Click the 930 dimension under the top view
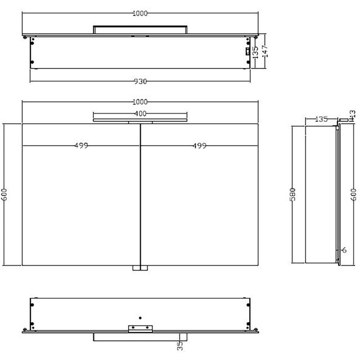(x=140, y=82)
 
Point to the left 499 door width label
(x=80, y=146)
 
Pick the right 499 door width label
(x=199, y=146)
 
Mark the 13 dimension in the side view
(x=353, y=116)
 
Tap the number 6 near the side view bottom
(x=344, y=251)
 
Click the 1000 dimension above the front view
(x=140, y=102)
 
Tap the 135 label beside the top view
(x=256, y=52)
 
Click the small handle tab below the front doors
(x=139, y=268)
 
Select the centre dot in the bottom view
(x=140, y=317)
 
